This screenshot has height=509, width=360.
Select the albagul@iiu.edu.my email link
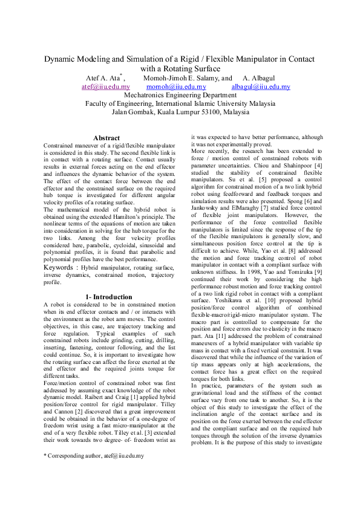pos(261,87)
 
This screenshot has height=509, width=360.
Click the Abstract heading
pos(106,138)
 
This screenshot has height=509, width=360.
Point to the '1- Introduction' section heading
pos(108,297)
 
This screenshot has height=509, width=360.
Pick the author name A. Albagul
pos(261,78)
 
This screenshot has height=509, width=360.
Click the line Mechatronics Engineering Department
pos(180,95)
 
